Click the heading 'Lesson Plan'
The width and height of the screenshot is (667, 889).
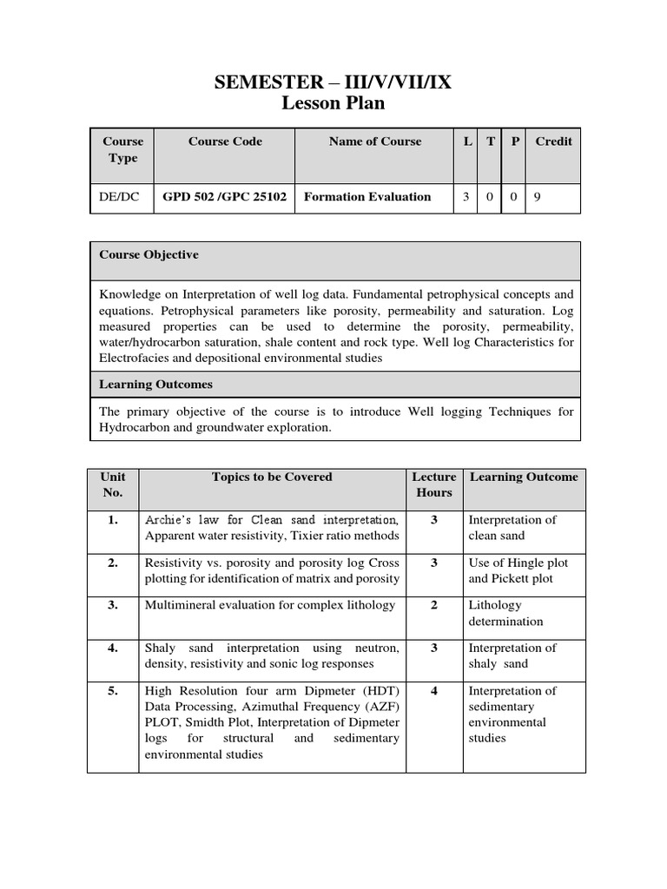point(333,104)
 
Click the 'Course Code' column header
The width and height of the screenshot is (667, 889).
point(225,142)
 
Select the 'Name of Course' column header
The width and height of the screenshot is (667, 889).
point(375,142)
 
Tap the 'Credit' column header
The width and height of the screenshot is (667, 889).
point(553,142)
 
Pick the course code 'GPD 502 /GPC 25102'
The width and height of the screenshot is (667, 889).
point(225,197)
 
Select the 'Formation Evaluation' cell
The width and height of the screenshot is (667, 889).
point(367,197)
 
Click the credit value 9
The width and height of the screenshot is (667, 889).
point(537,197)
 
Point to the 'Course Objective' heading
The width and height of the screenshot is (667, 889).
point(149,255)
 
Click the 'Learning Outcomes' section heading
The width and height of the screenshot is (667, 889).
point(155,384)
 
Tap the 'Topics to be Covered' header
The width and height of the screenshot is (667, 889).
point(272,477)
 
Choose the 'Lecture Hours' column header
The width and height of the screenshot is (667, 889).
point(434,484)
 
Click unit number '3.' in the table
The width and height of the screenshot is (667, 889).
point(113,605)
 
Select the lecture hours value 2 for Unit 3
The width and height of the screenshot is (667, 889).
point(434,605)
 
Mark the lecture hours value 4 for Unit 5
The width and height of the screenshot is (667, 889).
point(434,691)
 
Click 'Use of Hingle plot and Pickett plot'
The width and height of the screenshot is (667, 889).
point(512,570)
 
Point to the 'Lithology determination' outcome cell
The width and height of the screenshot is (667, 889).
point(506,613)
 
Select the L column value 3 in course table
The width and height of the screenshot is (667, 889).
point(466,197)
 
